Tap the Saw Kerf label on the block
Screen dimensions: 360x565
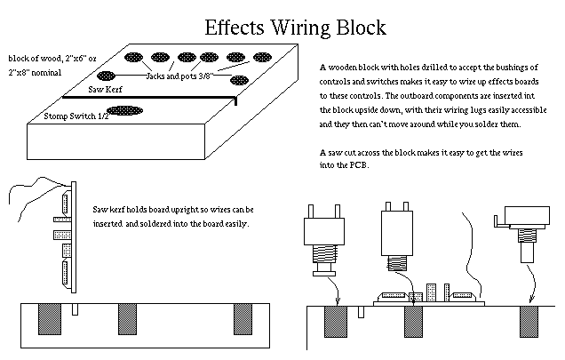pyautogui.click(x=104, y=90)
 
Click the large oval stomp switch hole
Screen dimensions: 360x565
pyautogui.click(x=123, y=112)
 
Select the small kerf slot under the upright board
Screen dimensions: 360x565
pyautogui.click(x=77, y=308)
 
